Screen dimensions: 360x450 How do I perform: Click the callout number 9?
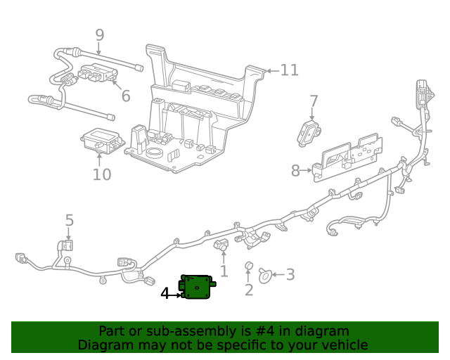[x=99, y=34]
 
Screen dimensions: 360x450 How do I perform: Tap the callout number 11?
[x=289, y=70]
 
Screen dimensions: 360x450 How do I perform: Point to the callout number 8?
[x=296, y=170]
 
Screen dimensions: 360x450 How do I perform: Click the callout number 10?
[x=102, y=174]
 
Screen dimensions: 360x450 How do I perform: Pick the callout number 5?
[x=69, y=221]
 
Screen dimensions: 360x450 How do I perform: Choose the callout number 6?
[x=125, y=95]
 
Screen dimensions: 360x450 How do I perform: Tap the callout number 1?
[x=224, y=271]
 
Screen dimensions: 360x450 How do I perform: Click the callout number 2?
[x=248, y=290]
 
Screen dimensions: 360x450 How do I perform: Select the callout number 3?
[x=289, y=276]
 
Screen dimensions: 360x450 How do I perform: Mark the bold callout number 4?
[x=165, y=293]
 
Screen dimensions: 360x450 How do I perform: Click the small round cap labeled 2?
[x=248, y=266]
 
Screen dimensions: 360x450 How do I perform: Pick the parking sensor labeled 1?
[x=221, y=246]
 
